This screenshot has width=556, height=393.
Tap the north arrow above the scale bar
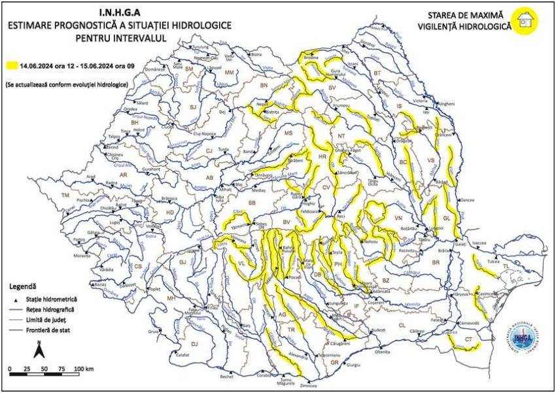click(x=39, y=350)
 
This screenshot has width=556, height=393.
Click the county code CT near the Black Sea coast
click(x=470, y=339)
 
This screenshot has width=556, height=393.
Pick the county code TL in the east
click(x=505, y=266)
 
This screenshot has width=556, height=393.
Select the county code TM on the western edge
click(x=65, y=196)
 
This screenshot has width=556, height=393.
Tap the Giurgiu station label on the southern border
click(x=353, y=365)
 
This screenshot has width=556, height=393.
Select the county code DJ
click(x=194, y=343)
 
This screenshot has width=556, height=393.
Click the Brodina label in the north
click(x=311, y=58)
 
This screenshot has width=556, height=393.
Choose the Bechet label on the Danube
click(x=226, y=377)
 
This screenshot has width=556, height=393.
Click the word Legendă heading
click(x=23, y=286)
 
